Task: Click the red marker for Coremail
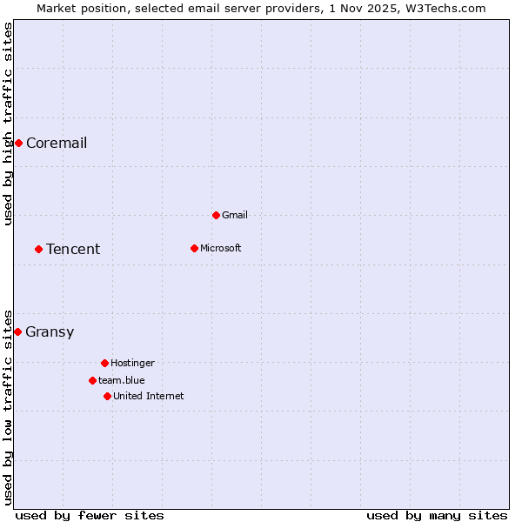18,143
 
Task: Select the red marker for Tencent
38,249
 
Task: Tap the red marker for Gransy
17,331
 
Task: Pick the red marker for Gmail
216,215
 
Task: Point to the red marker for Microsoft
194,248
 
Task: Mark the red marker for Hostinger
104,363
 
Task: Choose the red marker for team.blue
92,380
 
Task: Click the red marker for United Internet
107,396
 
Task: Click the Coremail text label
57,143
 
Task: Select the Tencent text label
73,249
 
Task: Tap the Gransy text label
50,331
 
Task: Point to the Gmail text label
235,215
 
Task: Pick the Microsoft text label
221,248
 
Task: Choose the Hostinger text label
132,363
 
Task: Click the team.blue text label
122,380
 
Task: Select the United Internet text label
149,396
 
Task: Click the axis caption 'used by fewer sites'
90,515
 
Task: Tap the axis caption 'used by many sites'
437,515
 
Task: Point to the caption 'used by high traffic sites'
8,124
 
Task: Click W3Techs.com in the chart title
446,8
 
